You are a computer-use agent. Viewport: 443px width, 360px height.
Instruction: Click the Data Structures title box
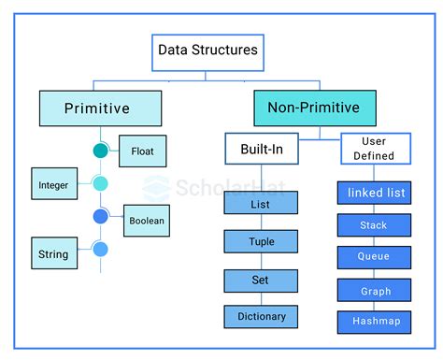[208, 52]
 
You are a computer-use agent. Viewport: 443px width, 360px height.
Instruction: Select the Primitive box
[96, 108]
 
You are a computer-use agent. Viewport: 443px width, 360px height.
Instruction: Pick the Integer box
[52, 184]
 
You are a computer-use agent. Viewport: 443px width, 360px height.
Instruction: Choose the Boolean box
[147, 221]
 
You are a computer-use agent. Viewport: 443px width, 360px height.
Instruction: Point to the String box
[52, 253]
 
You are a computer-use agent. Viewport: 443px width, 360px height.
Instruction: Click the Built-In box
[262, 149]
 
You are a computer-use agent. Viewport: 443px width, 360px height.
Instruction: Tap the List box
[261, 203]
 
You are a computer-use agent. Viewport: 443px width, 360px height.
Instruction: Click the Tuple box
[261, 241]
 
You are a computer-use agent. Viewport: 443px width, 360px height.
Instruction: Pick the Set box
[261, 280]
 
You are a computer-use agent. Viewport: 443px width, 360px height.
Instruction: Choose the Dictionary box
[261, 317]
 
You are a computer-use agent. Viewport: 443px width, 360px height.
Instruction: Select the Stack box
[373, 225]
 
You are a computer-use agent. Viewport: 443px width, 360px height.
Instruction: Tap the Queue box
[373, 257]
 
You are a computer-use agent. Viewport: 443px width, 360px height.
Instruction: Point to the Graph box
[373, 290]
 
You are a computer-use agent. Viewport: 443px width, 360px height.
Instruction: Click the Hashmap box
[373, 321]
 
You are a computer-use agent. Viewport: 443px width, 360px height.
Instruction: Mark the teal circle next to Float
[101, 151]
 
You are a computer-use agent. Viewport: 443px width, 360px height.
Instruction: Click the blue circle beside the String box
[101, 249]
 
